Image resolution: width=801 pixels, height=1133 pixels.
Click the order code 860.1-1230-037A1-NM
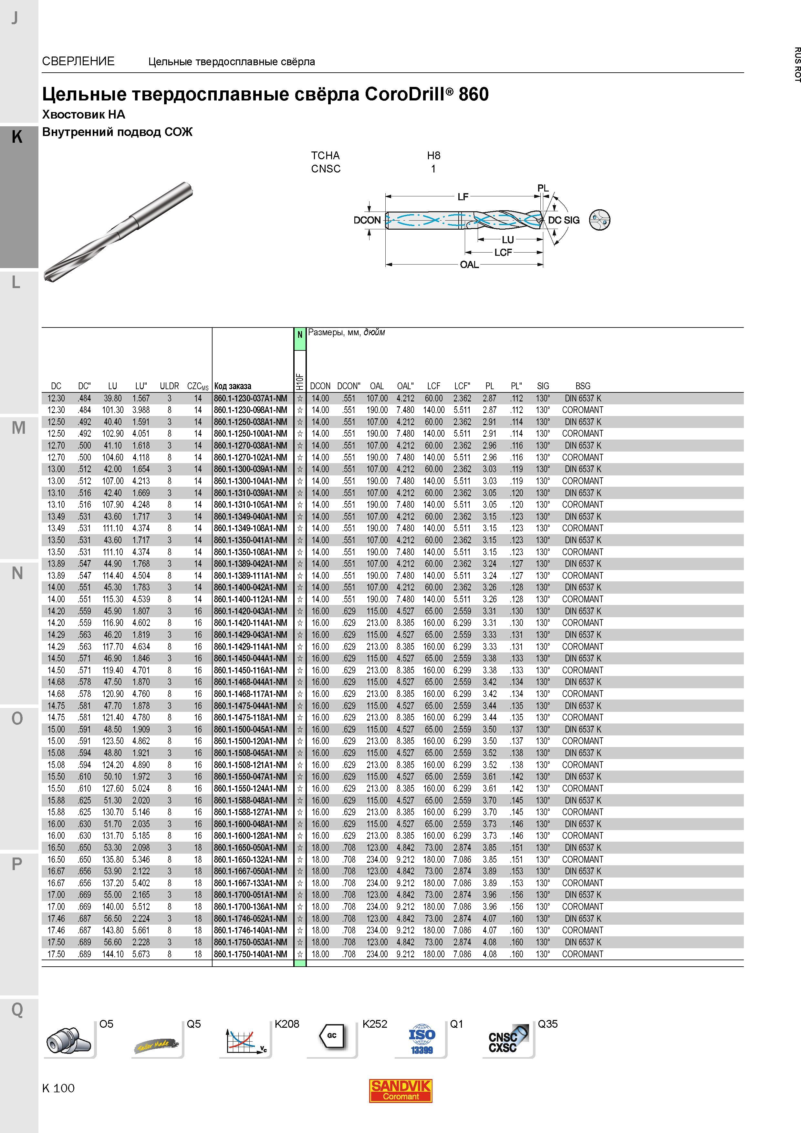pos(251,398)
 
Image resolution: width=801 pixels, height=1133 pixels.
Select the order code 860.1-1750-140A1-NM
pos(251,954)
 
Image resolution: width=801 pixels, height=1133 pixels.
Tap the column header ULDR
pos(169,386)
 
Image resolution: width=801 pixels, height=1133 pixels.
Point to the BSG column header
pos(582,386)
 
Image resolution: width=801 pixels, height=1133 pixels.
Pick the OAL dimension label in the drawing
pos(469,265)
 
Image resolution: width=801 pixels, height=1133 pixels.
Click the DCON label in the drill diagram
pos(367,220)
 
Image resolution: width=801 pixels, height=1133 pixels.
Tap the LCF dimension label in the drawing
pos(504,252)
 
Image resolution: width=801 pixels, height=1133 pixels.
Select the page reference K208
pos(287,1024)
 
